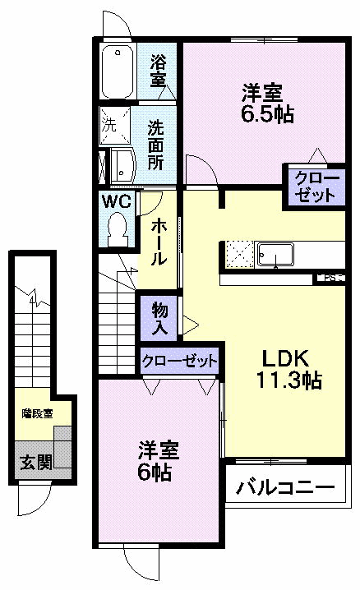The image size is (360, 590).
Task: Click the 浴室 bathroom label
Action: coord(159,71)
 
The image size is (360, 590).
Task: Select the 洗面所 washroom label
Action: coord(156,145)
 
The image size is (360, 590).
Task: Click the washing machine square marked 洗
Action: coord(109,127)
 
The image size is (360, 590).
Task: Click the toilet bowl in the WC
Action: coord(118,225)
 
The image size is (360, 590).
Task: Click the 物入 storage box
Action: coord(160,319)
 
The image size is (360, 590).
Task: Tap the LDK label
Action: coord(284,358)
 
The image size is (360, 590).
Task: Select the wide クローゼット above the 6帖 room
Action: coord(180,361)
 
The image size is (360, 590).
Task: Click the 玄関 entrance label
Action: coord(35,461)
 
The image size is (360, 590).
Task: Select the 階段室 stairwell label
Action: coord(36,414)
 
